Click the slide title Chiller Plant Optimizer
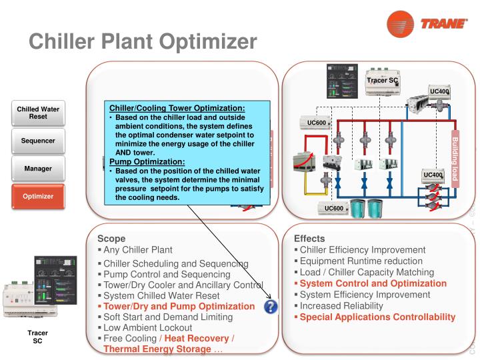(x=143, y=41)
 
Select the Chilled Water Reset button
(x=37, y=113)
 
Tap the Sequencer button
(x=37, y=141)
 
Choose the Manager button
(x=37, y=169)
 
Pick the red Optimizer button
(x=37, y=197)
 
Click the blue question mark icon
(x=271, y=307)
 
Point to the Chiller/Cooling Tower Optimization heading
(x=177, y=108)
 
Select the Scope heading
(x=111, y=237)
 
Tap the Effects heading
(x=309, y=237)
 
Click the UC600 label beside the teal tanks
(x=334, y=208)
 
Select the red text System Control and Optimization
(x=373, y=283)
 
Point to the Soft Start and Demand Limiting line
(x=168, y=317)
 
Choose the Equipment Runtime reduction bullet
(x=361, y=261)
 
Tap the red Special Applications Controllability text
(x=377, y=317)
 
